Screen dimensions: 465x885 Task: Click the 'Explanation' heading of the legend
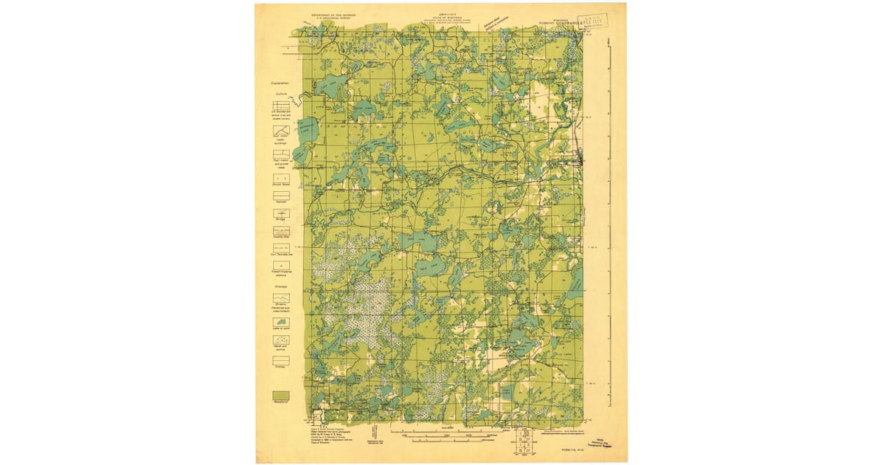[280, 85]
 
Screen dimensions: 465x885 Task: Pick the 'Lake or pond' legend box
[281, 323]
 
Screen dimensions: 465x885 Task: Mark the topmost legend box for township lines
[281, 106]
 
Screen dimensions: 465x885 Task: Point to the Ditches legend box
[281, 361]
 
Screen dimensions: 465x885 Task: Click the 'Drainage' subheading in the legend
[280, 286]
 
